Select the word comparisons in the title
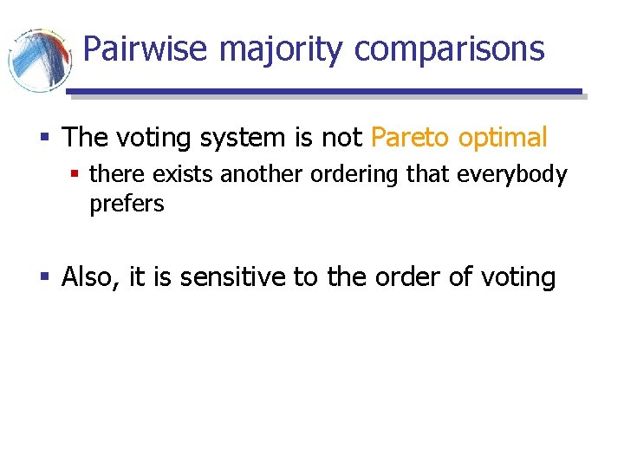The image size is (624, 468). [450, 49]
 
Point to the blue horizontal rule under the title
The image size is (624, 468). [324, 91]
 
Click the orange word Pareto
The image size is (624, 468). [410, 137]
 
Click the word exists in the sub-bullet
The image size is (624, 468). [185, 174]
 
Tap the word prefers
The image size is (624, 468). [127, 205]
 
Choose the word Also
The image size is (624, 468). [90, 277]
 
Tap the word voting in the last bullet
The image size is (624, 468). [517, 277]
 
